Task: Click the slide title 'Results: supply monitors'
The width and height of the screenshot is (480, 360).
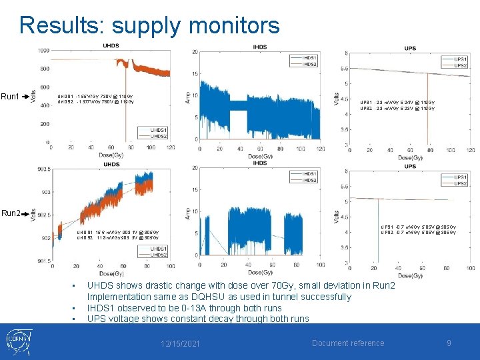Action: pos(149,25)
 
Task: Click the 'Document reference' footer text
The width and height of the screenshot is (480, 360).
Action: pos(347,343)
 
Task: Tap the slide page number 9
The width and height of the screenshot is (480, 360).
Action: pos(449,343)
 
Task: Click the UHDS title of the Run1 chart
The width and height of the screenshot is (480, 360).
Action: pos(111,45)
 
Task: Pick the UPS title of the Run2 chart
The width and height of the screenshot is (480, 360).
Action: pos(410,164)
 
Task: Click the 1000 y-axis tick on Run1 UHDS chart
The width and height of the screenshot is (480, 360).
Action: pos(43,51)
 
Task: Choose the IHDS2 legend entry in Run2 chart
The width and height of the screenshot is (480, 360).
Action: pos(309,181)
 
